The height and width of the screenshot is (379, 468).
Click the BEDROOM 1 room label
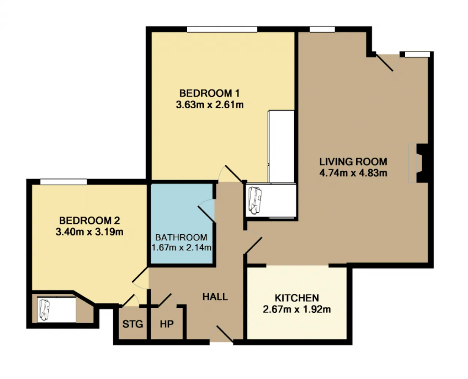[210, 93]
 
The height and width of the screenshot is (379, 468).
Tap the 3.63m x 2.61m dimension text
[210, 105]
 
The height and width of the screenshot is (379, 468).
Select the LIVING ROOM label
[353, 162]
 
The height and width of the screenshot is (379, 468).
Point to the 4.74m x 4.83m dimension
[353, 173]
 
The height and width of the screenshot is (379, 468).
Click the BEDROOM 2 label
[90, 220]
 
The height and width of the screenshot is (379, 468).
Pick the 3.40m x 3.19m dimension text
[90, 232]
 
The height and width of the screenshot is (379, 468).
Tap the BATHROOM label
[181, 238]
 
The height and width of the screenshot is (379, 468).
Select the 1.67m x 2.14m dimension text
[181, 248]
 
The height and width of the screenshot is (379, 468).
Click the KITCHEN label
[297, 298]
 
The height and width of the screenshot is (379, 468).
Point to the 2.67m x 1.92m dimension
[297, 309]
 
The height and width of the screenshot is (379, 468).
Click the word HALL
[215, 297]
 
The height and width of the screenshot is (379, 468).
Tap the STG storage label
[133, 324]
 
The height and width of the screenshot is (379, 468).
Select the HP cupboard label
[167, 324]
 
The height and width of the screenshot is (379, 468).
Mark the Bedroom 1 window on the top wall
[222, 29]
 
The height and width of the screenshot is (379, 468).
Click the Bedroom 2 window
[64, 182]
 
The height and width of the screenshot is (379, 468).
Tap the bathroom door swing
[207, 210]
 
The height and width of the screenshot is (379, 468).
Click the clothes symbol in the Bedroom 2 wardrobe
[44, 310]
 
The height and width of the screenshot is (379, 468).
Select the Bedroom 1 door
[230, 174]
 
